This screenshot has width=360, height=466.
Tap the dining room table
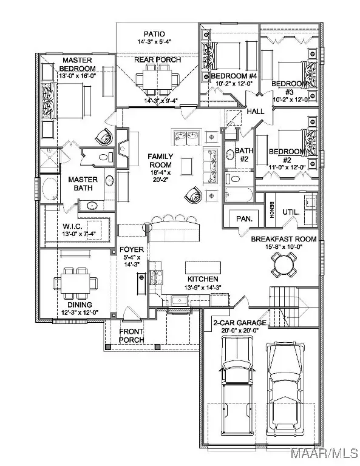(x=76, y=283)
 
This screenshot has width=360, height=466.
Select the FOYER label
(x=131, y=249)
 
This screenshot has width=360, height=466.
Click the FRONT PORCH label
(x=131, y=336)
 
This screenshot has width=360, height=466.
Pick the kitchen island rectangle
(x=201, y=268)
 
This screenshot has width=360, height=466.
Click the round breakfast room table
(x=284, y=263)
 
